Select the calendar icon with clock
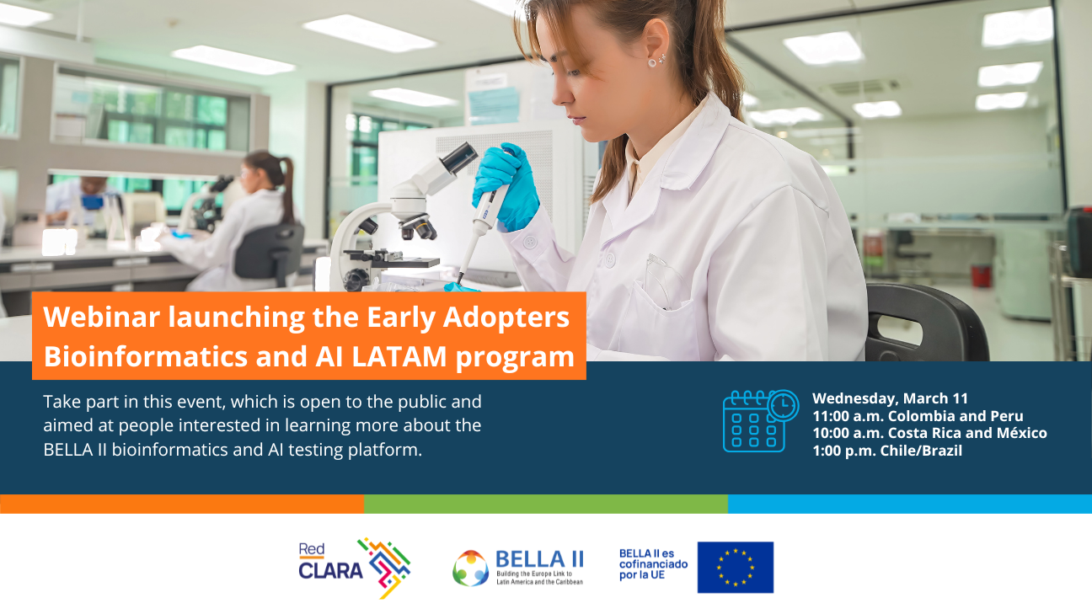(758, 420)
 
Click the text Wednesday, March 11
(890, 398)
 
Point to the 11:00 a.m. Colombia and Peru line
(918, 416)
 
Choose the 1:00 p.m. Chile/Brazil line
(886, 451)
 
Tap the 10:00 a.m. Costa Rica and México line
(929, 433)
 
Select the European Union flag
(735, 567)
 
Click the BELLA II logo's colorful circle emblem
(470, 568)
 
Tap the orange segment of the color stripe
(182, 504)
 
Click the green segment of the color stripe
(545, 504)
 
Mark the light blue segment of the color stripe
(909, 504)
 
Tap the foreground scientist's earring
(652, 61)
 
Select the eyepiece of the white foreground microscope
(460, 158)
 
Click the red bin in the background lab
(981, 275)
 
